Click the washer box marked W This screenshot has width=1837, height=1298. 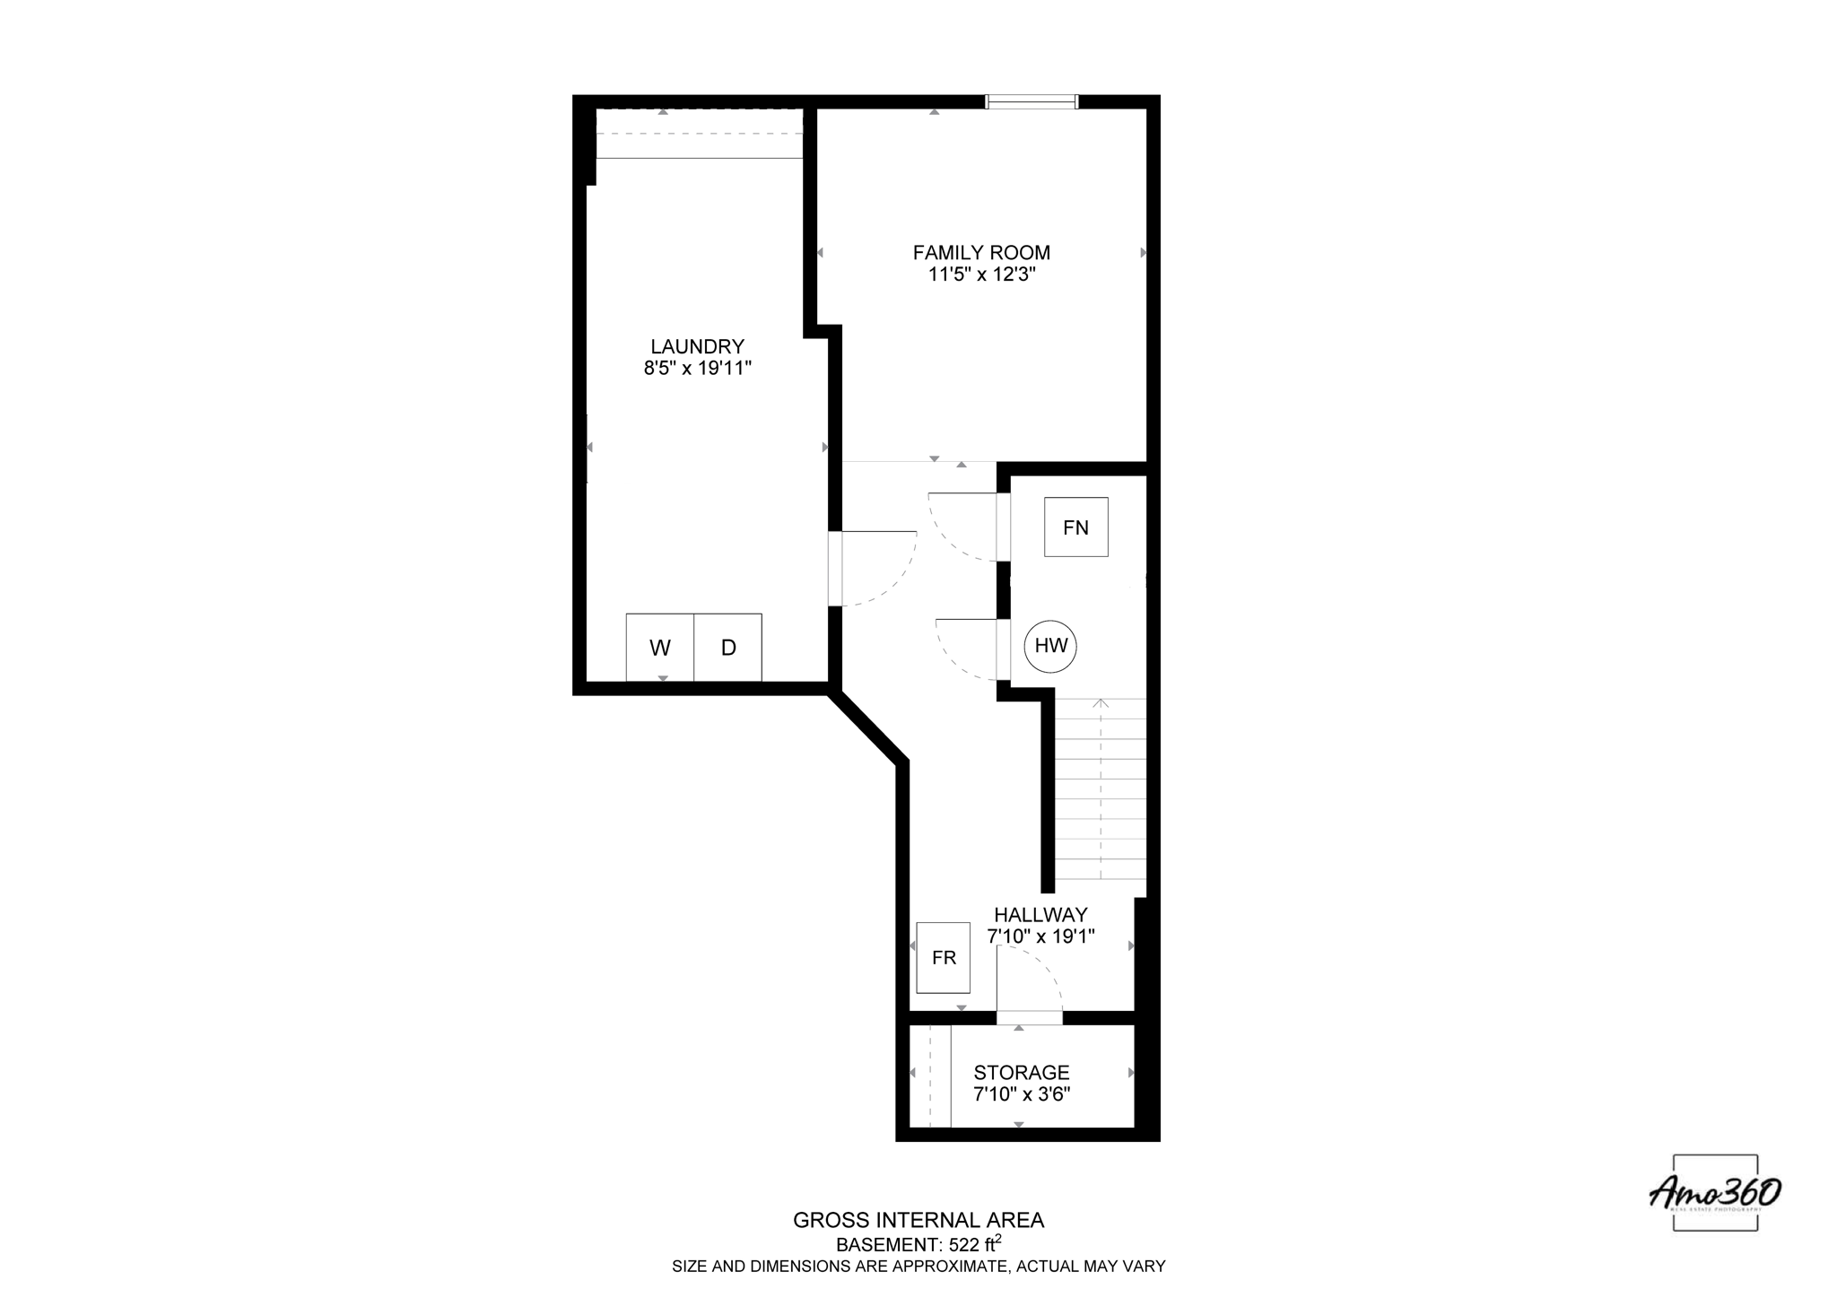click(x=660, y=647)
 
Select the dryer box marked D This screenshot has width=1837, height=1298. click(x=728, y=647)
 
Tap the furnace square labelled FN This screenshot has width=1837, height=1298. click(x=1075, y=527)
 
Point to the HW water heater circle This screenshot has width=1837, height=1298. click(x=1051, y=645)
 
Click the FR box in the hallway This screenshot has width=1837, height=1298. click(x=944, y=957)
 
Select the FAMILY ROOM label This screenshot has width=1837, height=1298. click(x=981, y=253)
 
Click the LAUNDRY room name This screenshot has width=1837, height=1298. click(x=697, y=346)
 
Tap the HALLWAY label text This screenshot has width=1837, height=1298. click(x=1040, y=915)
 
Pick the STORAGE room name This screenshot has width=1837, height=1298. click(x=1022, y=1073)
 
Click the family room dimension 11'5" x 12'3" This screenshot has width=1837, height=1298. click(x=981, y=274)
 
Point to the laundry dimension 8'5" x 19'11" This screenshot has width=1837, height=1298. click(x=697, y=368)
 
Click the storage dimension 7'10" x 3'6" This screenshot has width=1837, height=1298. click(x=1022, y=1094)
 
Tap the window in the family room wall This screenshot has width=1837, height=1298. click(x=1032, y=101)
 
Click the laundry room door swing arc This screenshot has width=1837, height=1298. click(x=884, y=574)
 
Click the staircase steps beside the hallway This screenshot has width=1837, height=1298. click(x=1101, y=789)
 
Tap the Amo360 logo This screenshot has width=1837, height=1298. click(x=1714, y=1193)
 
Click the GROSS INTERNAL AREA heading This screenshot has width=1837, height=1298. click(x=918, y=1220)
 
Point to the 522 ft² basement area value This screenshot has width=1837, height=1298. click(x=969, y=1244)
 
